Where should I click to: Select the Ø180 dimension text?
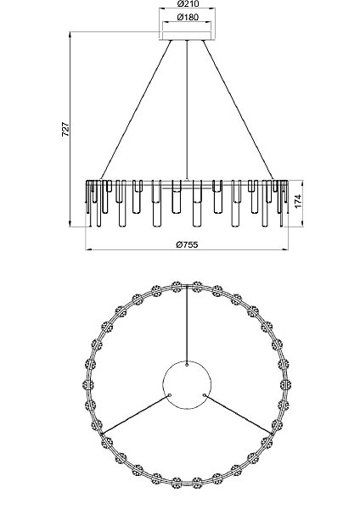[x=186, y=18]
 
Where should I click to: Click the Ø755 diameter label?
[x=186, y=243]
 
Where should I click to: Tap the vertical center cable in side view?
[x=186, y=110]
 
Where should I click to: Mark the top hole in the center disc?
[x=186, y=366]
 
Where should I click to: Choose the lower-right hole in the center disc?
[x=204, y=395]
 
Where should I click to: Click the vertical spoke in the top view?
[x=186, y=322]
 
